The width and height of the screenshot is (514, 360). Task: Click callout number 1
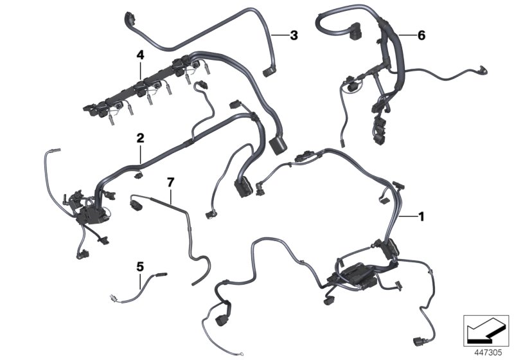point(421,217)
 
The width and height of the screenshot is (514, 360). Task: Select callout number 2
point(139,137)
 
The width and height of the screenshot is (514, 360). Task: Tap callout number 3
point(293,35)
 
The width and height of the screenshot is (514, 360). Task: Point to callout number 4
point(139,56)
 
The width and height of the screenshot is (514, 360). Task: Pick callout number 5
point(139,265)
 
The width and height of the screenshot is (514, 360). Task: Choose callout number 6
point(421,35)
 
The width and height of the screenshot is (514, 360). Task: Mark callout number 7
point(170,183)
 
